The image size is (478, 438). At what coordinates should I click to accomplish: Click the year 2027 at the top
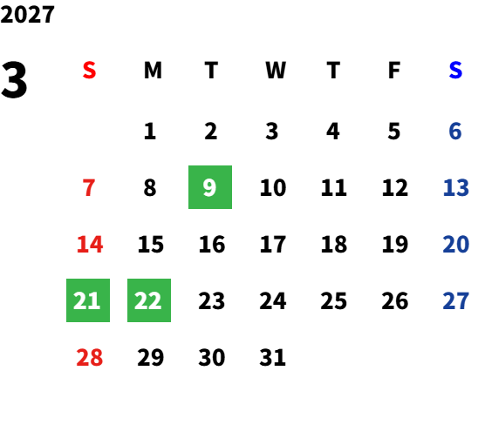[27, 14]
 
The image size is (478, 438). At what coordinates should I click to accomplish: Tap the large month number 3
[14, 80]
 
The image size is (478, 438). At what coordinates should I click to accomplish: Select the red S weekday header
[89, 70]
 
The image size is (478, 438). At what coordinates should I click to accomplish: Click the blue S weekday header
[455, 70]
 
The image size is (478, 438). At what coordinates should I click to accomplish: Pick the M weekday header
[153, 70]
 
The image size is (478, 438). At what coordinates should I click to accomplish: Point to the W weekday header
[276, 70]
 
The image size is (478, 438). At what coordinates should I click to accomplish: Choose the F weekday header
[394, 70]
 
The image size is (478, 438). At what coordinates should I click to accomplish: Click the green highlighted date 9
[210, 187]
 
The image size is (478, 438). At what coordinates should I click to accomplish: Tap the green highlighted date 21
[88, 300]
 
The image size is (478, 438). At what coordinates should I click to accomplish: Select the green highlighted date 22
[149, 300]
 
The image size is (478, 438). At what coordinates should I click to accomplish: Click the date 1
[150, 131]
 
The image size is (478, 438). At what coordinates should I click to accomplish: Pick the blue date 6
[455, 131]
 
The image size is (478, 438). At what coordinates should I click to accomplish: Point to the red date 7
[89, 187]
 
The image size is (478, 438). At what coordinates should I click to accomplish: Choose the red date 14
[90, 244]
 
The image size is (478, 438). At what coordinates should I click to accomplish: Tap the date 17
[273, 244]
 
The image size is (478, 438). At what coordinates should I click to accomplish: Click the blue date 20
[456, 244]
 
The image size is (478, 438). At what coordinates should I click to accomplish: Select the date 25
[334, 300]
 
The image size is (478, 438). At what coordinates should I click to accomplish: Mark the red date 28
[90, 357]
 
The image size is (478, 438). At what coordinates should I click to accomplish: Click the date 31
[272, 357]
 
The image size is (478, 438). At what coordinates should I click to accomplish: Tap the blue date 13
[456, 187]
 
